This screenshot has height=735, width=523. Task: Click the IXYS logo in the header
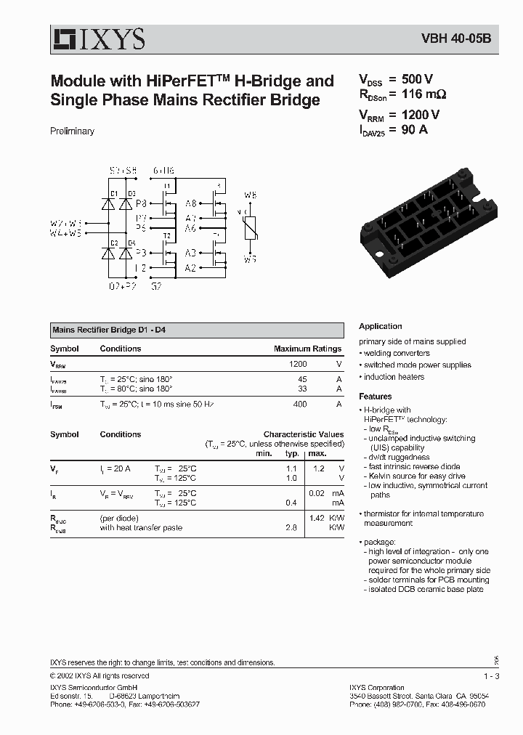pyautogui.click(x=97, y=38)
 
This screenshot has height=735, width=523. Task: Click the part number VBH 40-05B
pyautogui.click(x=456, y=39)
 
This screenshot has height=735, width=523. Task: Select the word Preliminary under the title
pyautogui.click(x=72, y=131)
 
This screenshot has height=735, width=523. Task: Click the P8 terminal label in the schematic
pyautogui.click(x=142, y=204)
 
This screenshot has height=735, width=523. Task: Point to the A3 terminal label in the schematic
pyautogui.click(x=190, y=253)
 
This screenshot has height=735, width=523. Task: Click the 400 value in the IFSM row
pyautogui.click(x=299, y=404)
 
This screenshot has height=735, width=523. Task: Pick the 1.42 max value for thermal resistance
pyautogui.click(x=316, y=518)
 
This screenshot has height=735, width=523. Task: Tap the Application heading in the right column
pyautogui.click(x=380, y=326)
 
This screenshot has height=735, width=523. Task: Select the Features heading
pyautogui.click(x=375, y=397)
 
